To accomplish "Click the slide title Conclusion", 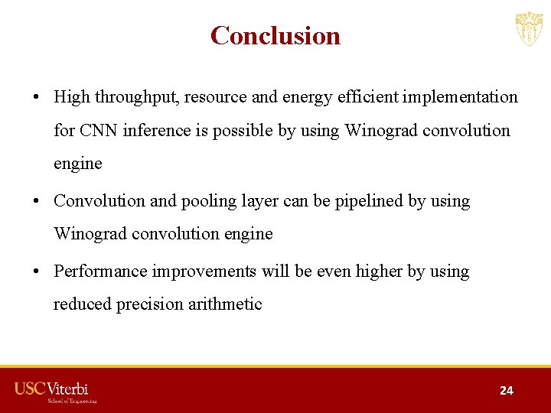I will [x=275, y=36].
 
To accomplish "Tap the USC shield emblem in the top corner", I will [x=528, y=29].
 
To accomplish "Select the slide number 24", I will [x=506, y=390].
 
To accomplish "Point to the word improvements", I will [x=206, y=272].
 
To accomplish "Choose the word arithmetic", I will [x=227, y=304].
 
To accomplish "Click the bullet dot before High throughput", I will [x=36, y=98].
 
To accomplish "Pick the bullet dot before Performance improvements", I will [x=36, y=272].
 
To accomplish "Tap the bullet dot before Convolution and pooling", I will [x=36, y=202].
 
